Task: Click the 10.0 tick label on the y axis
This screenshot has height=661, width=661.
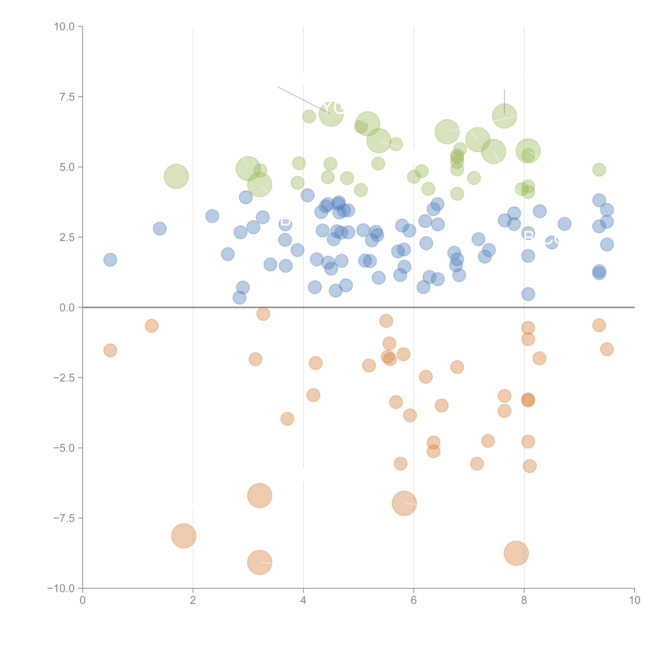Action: point(64,27)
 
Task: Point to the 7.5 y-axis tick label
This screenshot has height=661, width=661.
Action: point(67,97)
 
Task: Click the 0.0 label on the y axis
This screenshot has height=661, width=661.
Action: point(67,308)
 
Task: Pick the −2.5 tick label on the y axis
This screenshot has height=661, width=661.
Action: point(64,378)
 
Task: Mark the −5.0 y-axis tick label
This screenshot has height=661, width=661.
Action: point(64,448)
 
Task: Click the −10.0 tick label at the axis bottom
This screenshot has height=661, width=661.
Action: point(61,588)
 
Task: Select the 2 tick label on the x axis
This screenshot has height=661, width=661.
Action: point(193,600)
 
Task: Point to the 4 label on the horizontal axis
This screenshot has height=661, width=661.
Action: point(303,600)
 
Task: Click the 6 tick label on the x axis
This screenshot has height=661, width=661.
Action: point(414,600)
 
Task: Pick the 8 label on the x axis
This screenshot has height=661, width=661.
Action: point(524,600)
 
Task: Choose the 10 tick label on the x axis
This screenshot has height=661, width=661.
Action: point(634,600)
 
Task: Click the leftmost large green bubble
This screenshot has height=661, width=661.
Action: point(176,176)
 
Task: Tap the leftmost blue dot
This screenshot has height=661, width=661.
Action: point(110,260)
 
